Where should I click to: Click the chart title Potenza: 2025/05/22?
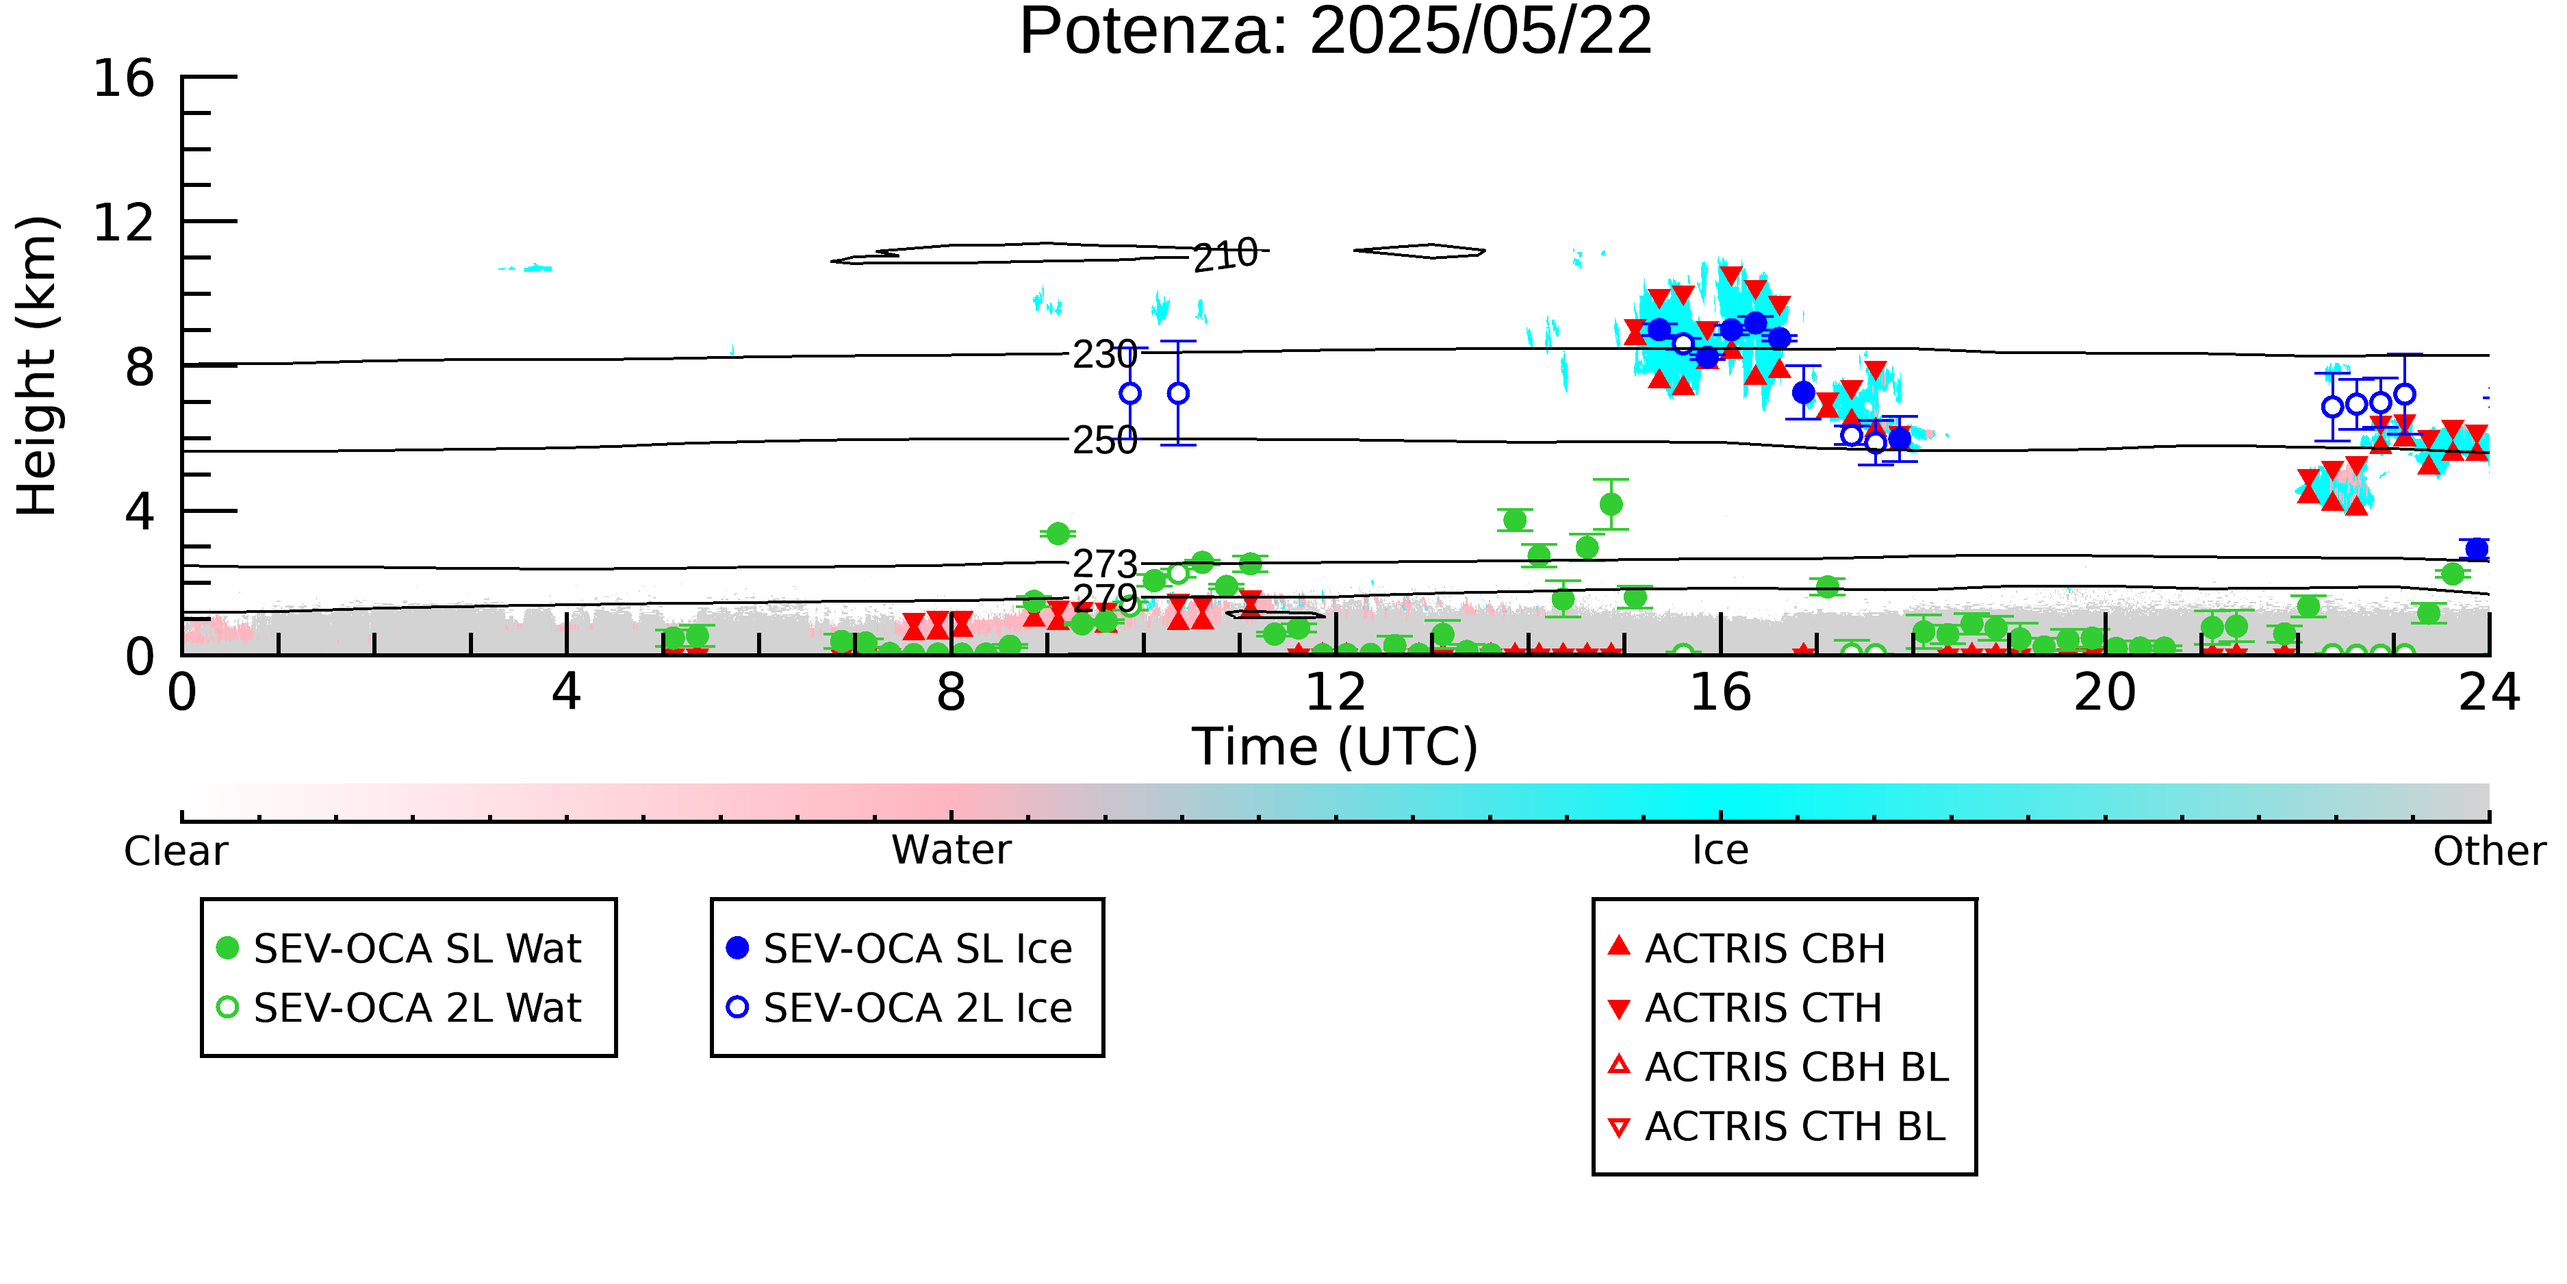pyautogui.click(x=1336, y=32)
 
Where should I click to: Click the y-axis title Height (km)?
pyautogui.click(x=38, y=366)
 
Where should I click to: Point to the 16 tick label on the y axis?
pyautogui.click(x=124, y=78)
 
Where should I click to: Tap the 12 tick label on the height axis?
pyautogui.click(x=124, y=223)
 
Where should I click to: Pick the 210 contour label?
pyautogui.click(x=1226, y=255)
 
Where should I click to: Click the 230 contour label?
pyautogui.click(x=1104, y=355)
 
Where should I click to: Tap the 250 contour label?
pyautogui.click(x=1104, y=440)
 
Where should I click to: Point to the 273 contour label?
pyautogui.click(x=1104, y=565)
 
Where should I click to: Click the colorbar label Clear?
pyautogui.click(x=175, y=851)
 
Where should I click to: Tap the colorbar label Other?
pyautogui.click(x=2489, y=851)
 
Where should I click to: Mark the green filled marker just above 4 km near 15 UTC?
pyautogui.click(x=1610, y=505)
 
